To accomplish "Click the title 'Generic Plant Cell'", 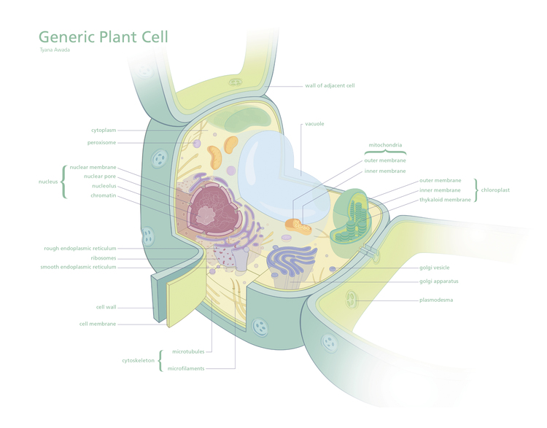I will point(103,36).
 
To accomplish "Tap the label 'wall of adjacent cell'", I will point(330,85).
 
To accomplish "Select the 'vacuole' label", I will point(314,124).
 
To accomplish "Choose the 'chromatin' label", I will point(101,195).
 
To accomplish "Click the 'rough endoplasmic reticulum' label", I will point(79,248).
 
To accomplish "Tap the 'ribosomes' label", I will point(103,257).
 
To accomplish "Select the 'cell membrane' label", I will point(97,324).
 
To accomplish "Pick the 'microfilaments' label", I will point(185,368).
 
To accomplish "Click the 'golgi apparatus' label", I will point(439,281).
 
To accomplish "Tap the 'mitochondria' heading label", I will point(384,144).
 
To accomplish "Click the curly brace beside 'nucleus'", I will point(63,181).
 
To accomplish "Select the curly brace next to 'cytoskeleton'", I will point(160,360).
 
